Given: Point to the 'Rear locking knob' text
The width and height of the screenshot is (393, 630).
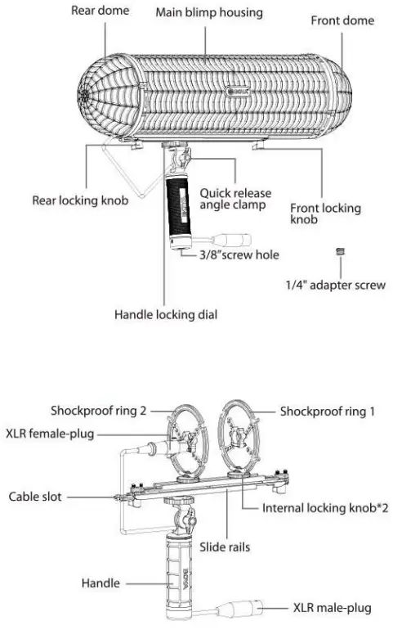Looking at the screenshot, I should [80, 200].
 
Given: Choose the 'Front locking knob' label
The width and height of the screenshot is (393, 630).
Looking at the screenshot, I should [325, 214].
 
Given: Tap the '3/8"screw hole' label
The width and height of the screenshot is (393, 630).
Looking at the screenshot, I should [240, 254].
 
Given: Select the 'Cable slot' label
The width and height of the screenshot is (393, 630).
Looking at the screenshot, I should [38, 497].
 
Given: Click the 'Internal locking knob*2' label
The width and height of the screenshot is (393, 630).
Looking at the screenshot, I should [325, 507].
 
